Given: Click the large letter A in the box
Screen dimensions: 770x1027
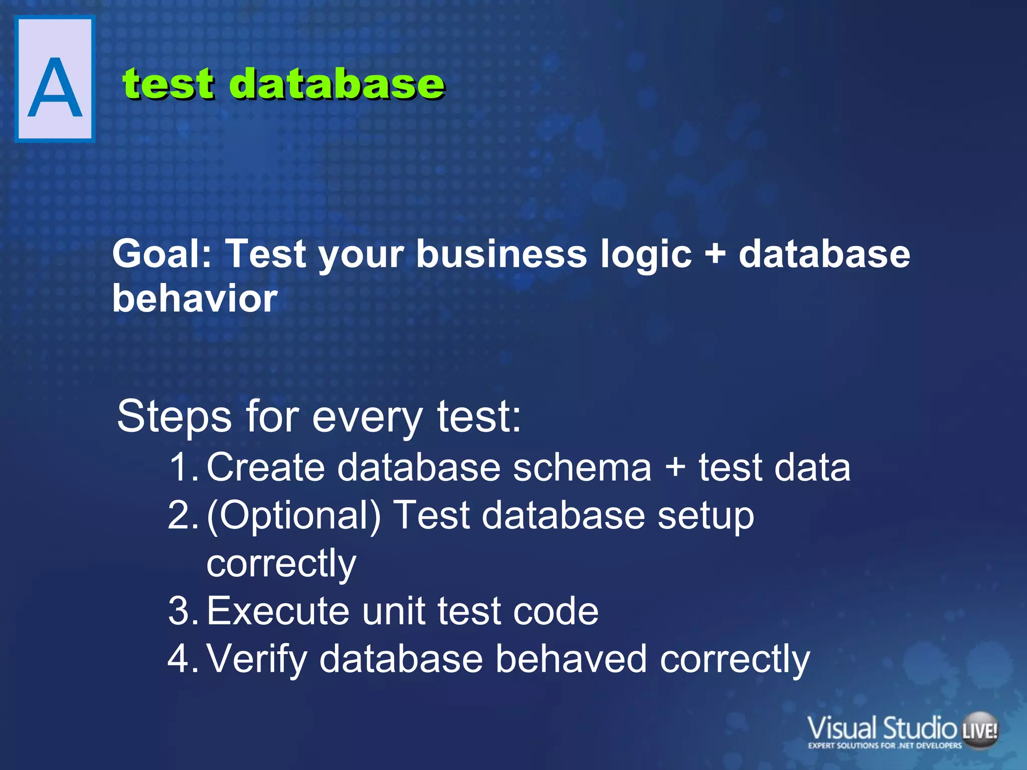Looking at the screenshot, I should [55, 88].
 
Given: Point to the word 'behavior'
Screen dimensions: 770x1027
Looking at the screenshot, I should [195, 298].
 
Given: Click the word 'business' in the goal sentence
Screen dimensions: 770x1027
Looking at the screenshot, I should [501, 253].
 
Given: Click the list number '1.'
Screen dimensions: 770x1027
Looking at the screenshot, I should [184, 467].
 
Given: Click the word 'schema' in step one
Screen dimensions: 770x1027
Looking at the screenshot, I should [582, 467].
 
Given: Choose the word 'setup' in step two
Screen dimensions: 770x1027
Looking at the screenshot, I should [706, 516].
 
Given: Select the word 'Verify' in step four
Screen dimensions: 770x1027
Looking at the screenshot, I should [256, 659].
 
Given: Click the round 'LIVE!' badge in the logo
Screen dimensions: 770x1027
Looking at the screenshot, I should [979, 730].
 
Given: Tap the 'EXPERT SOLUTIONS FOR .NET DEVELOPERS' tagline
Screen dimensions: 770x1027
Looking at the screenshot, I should [885, 745].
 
